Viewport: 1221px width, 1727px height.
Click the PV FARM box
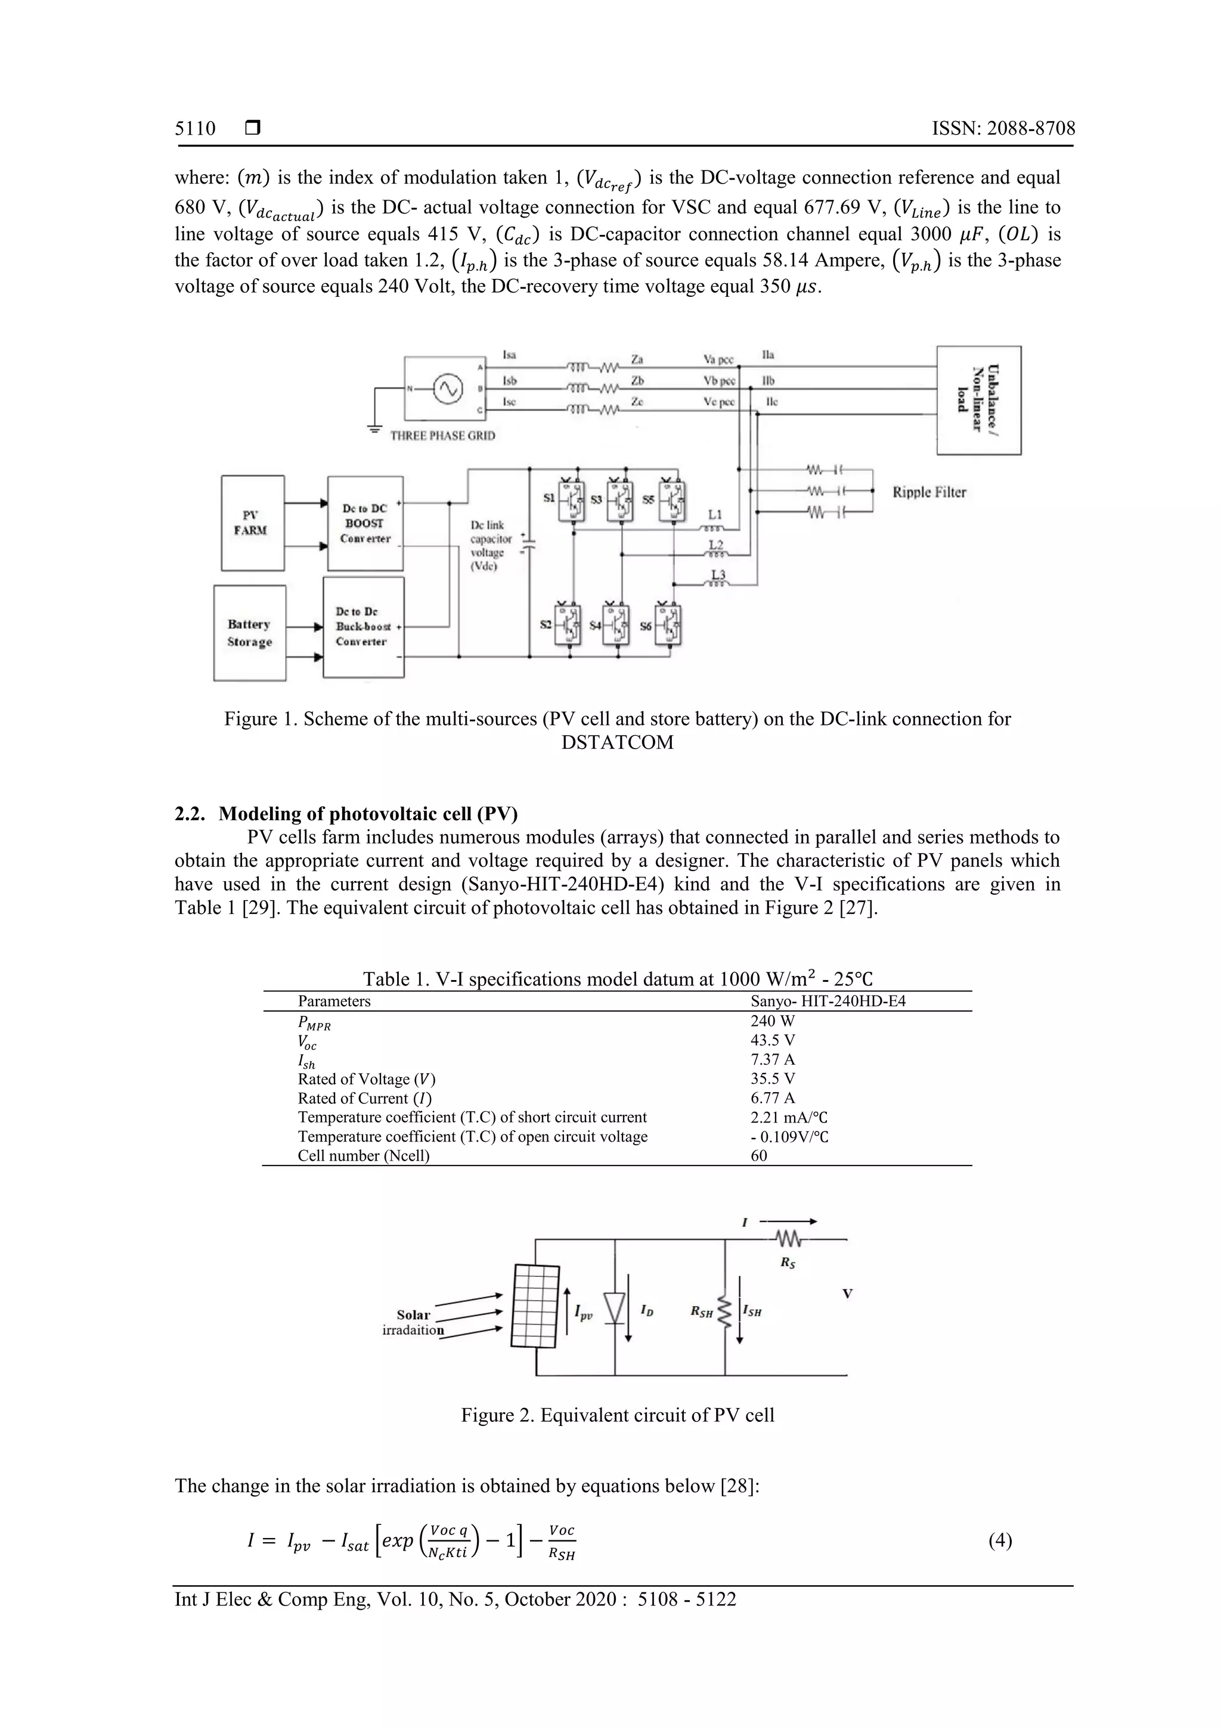252,523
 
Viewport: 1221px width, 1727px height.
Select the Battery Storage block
250,633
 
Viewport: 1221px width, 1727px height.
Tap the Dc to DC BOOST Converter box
365,523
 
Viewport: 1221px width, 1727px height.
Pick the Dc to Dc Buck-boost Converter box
362,627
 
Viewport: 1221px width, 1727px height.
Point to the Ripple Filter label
929,492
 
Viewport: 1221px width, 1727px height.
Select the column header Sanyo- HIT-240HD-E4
828,1001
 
